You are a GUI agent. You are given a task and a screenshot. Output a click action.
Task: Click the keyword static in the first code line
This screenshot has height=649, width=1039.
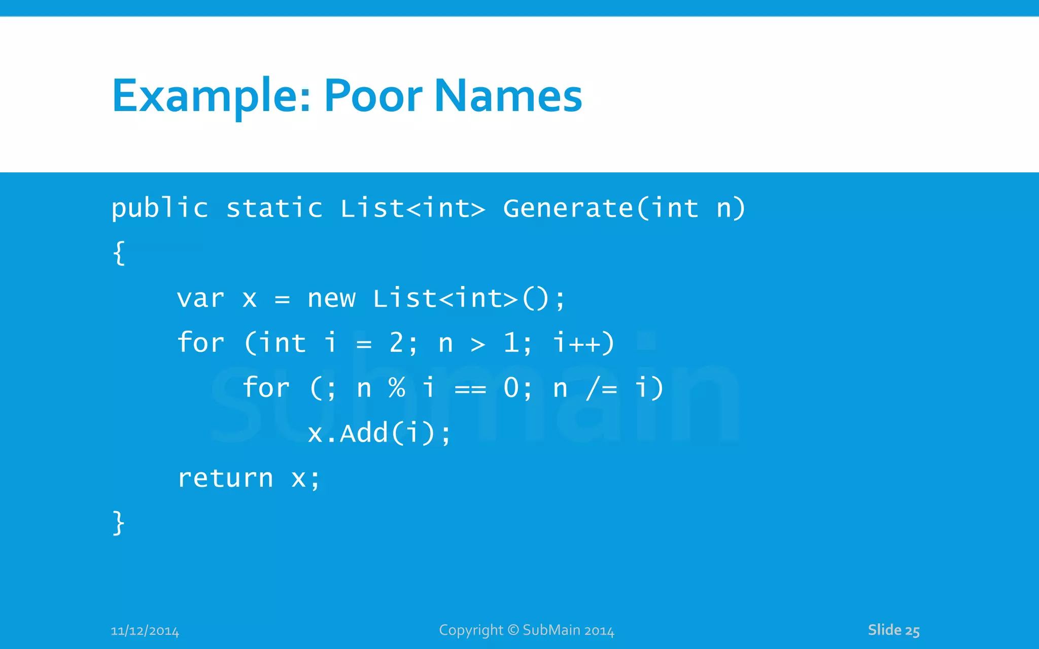click(274, 208)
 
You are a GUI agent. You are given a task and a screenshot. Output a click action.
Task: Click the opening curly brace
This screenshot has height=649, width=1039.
click(119, 253)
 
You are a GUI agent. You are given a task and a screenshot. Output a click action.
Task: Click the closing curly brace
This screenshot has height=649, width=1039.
click(118, 523)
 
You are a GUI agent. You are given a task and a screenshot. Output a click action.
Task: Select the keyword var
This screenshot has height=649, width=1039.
click(200, 298)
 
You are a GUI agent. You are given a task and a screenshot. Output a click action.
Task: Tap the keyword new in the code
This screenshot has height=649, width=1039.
click(331, 298)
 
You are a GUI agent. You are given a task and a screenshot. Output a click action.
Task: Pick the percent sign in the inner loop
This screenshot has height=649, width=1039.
click(397, 388)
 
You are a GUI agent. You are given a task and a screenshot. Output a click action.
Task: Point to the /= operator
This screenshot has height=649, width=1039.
click(602, 388)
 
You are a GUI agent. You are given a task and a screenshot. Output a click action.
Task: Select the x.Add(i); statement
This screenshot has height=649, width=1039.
click(379, 434)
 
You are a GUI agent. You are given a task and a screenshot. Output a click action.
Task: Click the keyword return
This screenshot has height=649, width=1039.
click(225, 478)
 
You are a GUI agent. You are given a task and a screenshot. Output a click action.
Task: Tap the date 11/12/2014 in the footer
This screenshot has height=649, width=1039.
click(145, 631)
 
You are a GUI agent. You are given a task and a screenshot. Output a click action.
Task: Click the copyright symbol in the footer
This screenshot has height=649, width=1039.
click(513, 630)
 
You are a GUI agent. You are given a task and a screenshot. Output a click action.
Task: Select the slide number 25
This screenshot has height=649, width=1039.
click(912, 631)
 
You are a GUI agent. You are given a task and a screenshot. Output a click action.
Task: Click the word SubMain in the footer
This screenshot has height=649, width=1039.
click(551, 630)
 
